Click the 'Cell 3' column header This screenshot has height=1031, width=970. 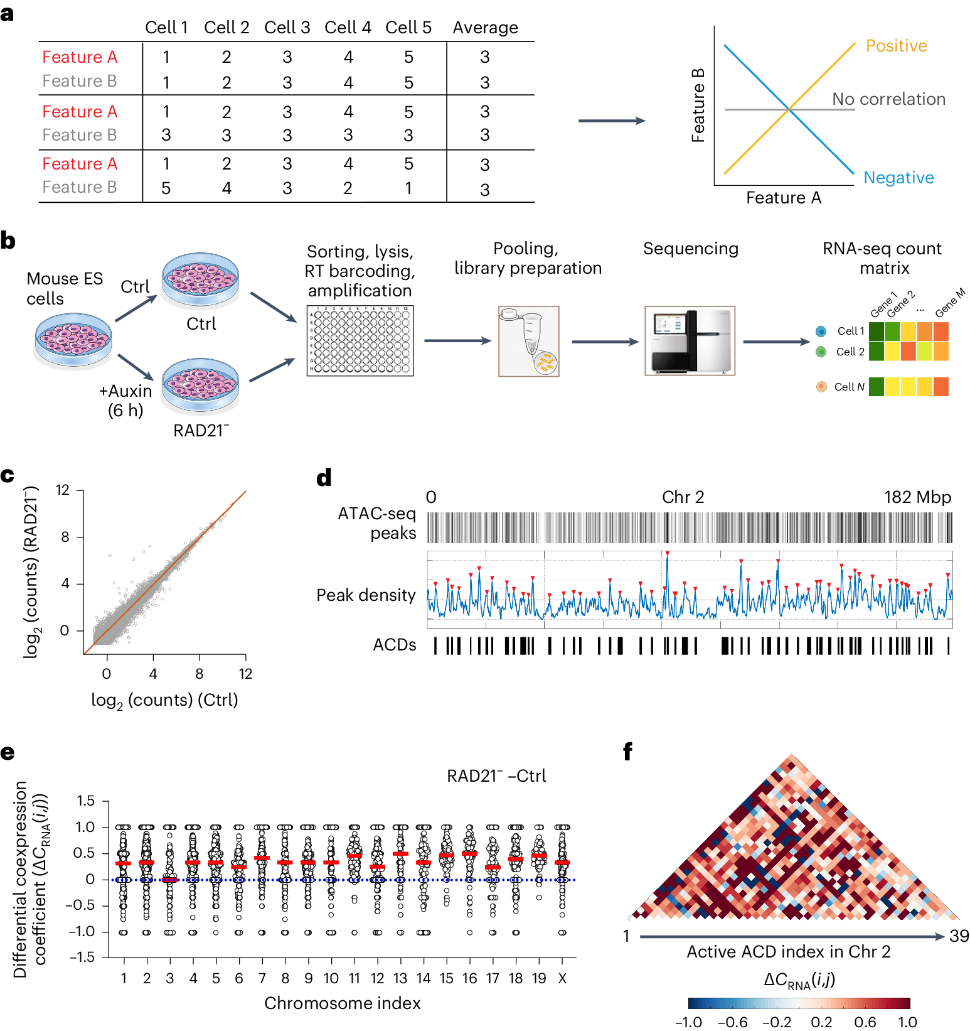(x=287, y=28)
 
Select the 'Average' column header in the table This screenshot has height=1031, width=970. (x=485, y=28)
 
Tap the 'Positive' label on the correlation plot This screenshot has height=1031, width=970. (x=896, y=46)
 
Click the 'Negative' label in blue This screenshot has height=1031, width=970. (x=898, y=178)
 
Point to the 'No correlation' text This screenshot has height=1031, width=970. (x=888, y=99)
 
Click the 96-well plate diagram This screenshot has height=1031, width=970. (x=360, y=341)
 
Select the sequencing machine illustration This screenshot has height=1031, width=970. (x=690, y=341)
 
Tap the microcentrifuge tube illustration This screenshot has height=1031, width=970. (x=529, y=341)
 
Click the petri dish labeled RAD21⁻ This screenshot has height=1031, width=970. (x=200, y=385)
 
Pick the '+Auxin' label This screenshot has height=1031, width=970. (x=125, y=391)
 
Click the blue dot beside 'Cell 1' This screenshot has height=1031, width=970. (x=821, y=332)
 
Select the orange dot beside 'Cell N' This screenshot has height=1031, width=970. (x=821, y=387)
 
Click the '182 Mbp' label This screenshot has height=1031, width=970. (x=917, y=497)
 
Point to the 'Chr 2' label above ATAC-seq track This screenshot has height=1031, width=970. (x=683, y=497)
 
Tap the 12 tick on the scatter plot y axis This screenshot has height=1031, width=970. (x=63, y=490)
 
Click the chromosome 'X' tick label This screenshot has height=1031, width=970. (x=562, y=978)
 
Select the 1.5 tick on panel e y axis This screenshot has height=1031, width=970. (x=86, y=801)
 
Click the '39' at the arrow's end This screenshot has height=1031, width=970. (x=959, y=936)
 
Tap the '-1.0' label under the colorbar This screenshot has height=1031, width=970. (x=688, y=1022)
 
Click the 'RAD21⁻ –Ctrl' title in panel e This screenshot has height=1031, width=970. (x=496, y=776)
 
